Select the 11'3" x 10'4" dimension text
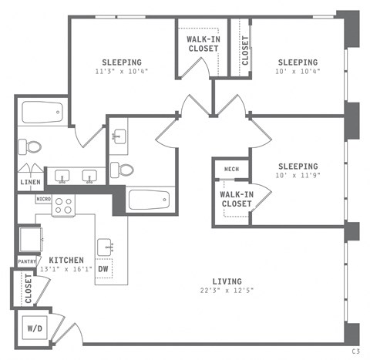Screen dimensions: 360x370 tap(122, 72)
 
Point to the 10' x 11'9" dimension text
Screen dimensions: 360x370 tap(298, 177)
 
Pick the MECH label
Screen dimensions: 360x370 tap(230, 170)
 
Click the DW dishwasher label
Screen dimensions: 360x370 tap(113, 269)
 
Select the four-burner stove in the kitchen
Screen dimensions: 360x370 tap(64, 206)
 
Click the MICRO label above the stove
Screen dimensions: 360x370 tap(44, 199)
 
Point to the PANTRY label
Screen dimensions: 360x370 tap(29, 261)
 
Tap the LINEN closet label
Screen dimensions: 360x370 tap(30, 182)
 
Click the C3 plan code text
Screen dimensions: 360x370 tap(355, 351)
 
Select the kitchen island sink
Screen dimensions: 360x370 tap(106, 247)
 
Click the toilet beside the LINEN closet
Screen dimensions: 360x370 tap(32, 146)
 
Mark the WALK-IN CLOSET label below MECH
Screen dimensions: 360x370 tap(236, 199)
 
